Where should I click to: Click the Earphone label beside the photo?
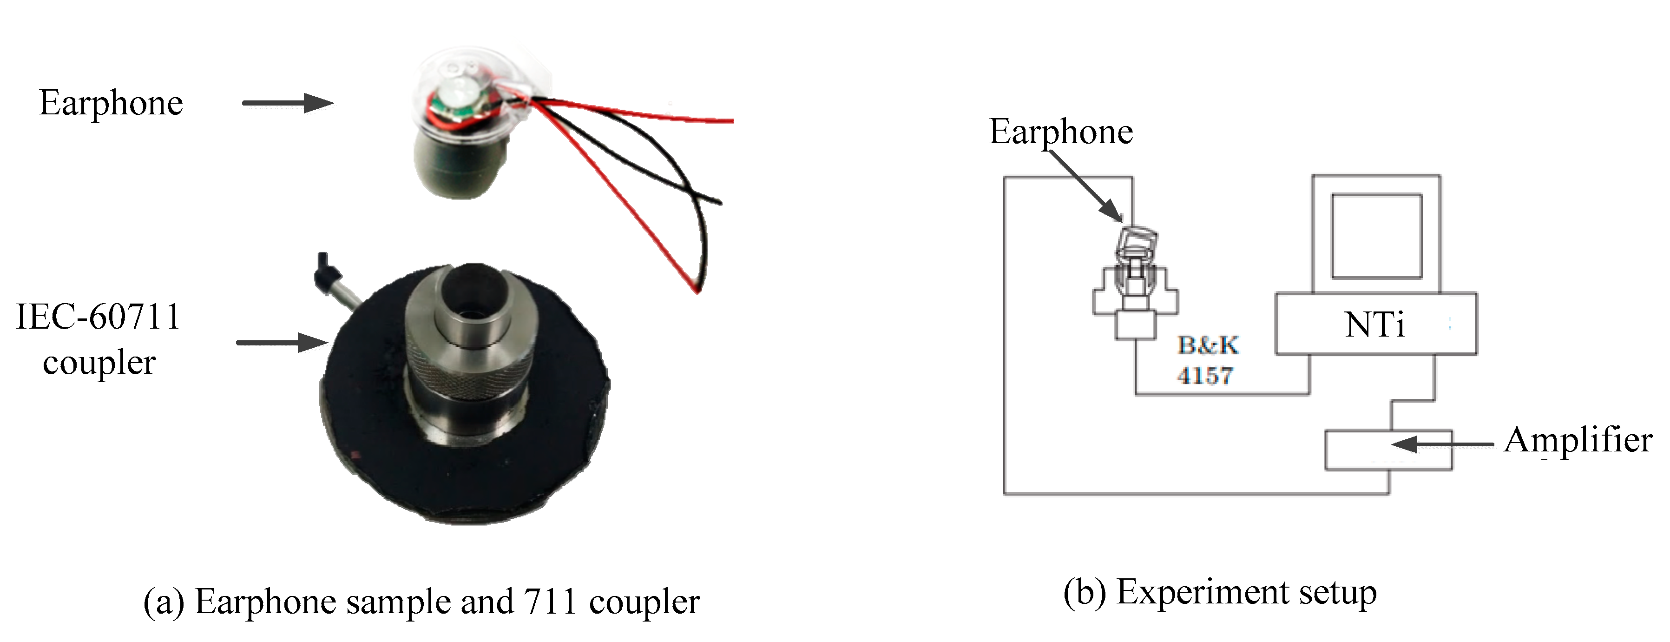(111, 103)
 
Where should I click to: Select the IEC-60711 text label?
(99, 317)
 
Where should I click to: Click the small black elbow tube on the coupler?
(324, 272)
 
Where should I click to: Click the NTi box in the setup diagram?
(1375, 324)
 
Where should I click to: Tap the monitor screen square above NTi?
(1376, 236)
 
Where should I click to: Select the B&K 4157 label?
(1206, 360)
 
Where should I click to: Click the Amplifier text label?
(1577, 440)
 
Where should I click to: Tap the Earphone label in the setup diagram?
(1061, 132)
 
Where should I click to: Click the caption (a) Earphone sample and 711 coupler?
(421, 602)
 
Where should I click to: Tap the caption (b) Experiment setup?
(1219, 593)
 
